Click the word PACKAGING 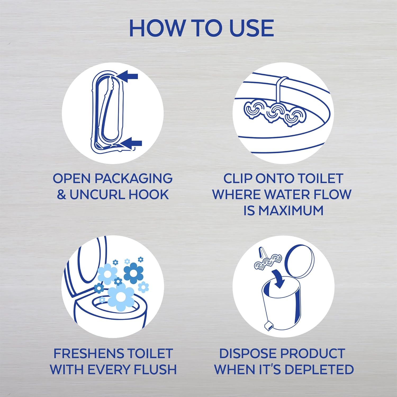(133, 178)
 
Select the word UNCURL (93, 195)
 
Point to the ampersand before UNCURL (61, 195)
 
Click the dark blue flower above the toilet (133, 273)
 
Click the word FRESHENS (88, 354)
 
